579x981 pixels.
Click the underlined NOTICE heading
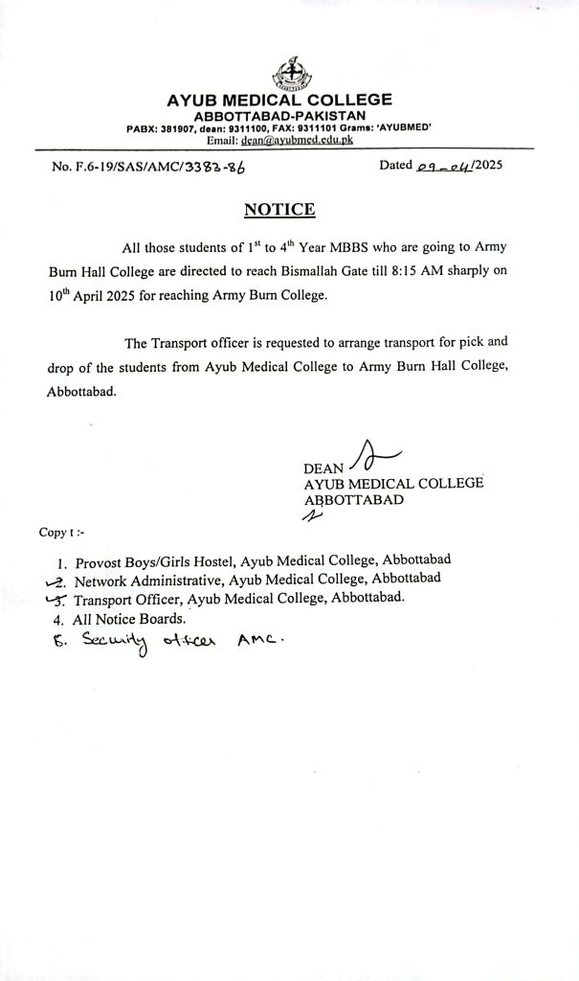[x=279, y=209]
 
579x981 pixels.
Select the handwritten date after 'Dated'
[x=446, y=165]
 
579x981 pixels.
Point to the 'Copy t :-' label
[x=61, y=531]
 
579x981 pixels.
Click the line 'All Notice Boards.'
[x=129, y=619]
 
